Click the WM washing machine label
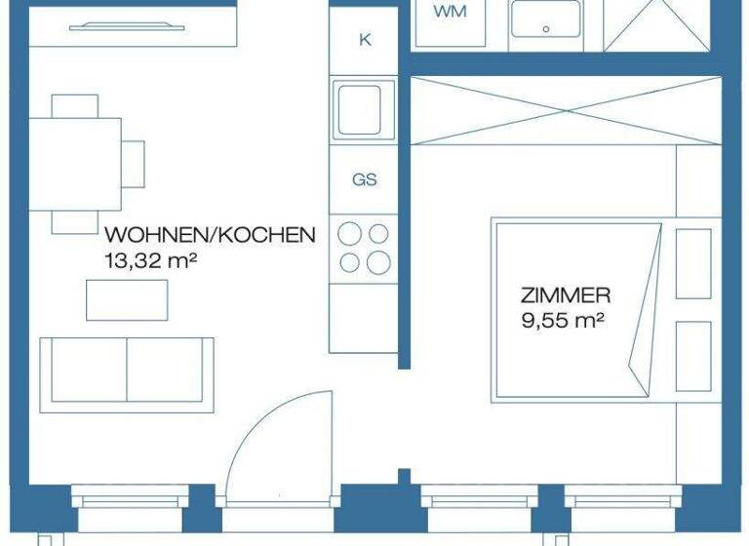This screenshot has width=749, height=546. click(449, 12)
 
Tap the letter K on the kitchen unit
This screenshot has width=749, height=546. click(365, 40)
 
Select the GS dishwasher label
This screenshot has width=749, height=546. click(365, 179)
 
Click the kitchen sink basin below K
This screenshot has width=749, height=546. click(363, 108)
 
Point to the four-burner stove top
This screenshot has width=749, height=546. click(364, 248)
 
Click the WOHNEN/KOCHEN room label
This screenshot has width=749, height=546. click(210, 235)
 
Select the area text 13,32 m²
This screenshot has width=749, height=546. click(145, 259)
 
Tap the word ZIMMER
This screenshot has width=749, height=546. click(566, 293)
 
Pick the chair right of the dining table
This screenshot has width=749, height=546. click(134, 164)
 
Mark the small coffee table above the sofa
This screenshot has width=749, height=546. click(127, 299)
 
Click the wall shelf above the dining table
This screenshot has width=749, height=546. click(134, 27)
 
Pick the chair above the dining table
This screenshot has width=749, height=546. click(75, 105)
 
